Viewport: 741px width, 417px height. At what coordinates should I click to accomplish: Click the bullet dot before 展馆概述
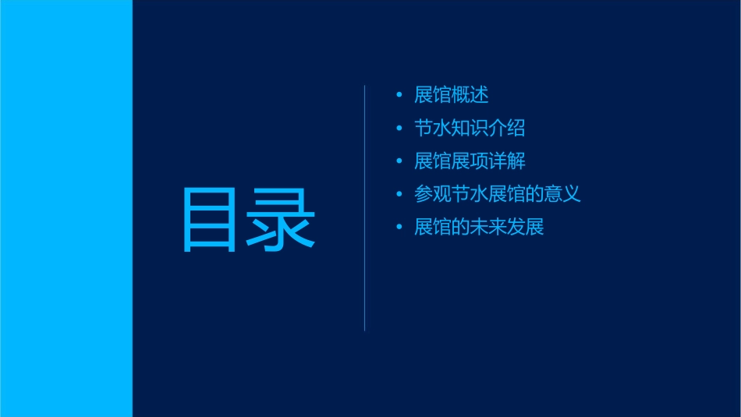(x=399, y=96)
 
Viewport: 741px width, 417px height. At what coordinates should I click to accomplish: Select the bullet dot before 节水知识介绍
(x=399, y=129)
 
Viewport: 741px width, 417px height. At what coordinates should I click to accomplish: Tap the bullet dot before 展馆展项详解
(x=399, y=161)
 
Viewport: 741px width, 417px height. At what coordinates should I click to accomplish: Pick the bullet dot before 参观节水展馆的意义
(x=399, y=194)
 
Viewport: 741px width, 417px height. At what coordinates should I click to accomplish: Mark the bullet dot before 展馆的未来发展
(x=399, y=228)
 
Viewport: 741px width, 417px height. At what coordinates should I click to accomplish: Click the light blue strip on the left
(x=66, y=208)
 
